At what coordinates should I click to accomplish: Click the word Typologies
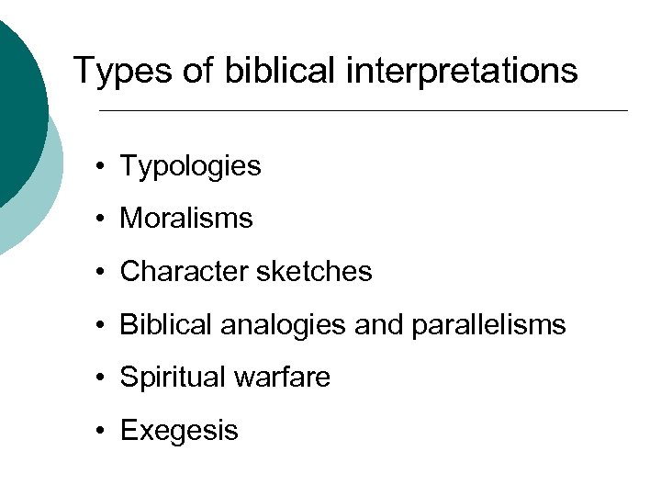pyautogui.click(x=190, y=166)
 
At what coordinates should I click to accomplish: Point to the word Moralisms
pyautogui.click(x=186, y=219)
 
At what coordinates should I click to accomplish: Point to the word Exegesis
pyautogui.click(x=179, y=430)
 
